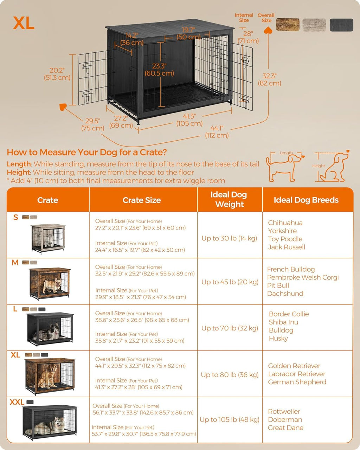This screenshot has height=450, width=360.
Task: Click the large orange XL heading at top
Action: (x=24, y=23)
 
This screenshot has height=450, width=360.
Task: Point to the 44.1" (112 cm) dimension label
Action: (x=217, y=132)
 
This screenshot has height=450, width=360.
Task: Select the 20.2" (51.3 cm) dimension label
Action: (x=57, y=74)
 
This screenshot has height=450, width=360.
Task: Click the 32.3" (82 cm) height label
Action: (x=270, y=79)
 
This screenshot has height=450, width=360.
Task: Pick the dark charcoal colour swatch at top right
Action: (x=341, y=25)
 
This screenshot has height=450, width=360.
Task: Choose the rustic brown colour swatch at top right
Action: (x=288, y=25)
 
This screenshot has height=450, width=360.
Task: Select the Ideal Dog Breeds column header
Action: (x=306, y=200)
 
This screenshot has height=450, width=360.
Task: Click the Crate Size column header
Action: (x=142, y=200)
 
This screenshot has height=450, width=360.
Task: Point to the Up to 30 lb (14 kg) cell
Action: (x=229, y=238)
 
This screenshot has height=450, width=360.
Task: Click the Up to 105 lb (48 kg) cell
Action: (x=229, y=419)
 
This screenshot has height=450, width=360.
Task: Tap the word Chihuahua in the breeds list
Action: (x=285, y=223)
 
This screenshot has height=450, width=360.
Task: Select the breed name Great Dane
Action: (x=285, y=427)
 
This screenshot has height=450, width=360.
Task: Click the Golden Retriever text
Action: (x=294, y=366)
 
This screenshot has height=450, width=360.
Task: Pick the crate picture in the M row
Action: (x=49, y=283)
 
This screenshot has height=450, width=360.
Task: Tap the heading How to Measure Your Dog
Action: (x=86, y=152)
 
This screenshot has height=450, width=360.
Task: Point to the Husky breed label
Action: (x=278, y=338)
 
